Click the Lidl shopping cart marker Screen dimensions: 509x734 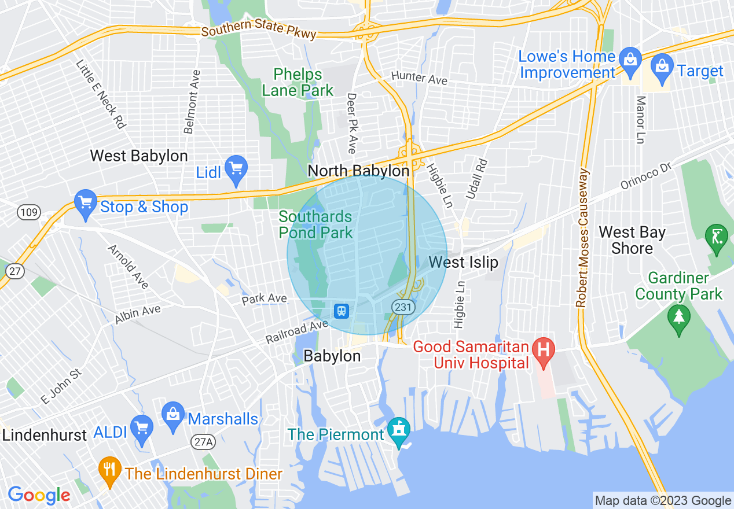(236, 168)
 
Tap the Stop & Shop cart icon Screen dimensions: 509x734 (86, 203)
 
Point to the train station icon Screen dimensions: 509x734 (342, 311)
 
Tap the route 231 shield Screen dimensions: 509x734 (403, 307)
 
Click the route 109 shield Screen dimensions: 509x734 (28, 212)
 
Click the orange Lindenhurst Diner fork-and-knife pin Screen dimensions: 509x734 (108, 470)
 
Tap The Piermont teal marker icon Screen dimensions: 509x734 (398, 431)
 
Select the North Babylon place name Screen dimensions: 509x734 (358, 171)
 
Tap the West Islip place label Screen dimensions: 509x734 (463, 262)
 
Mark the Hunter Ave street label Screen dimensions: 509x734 (419, 78)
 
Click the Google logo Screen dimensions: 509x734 (39, 495)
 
